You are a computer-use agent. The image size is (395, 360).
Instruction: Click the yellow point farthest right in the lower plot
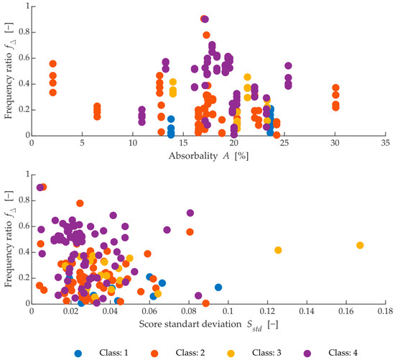pos(360,245)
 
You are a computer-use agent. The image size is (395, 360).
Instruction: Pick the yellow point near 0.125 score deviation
pos(278,250)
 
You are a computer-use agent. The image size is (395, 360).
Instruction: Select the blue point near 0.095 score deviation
pos(218,287)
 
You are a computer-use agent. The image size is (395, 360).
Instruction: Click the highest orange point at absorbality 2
pos(52,64)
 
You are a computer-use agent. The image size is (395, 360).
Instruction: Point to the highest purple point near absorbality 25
pos(289,65)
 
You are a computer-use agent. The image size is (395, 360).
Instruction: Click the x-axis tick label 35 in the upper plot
pos(386,144)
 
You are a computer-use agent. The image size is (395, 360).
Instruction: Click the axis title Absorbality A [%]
pos(208,155)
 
